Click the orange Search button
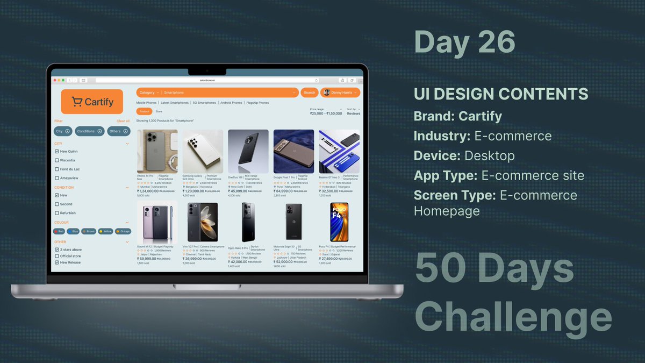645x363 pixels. [310, 92]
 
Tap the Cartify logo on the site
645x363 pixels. [92, 102]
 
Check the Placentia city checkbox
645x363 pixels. [57, 160]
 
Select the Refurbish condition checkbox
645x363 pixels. [57, 213]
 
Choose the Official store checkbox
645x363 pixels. [57, 256]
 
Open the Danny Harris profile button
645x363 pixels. [340, 92]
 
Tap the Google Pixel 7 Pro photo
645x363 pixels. [293, 151]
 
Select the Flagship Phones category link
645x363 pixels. [257, 103]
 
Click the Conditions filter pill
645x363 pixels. [89, 131]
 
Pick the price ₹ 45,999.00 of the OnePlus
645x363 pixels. [239, 191]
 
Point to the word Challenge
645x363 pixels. [513, 318]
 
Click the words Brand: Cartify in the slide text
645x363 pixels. [458, 116]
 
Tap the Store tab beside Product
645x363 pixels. [159, 111]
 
